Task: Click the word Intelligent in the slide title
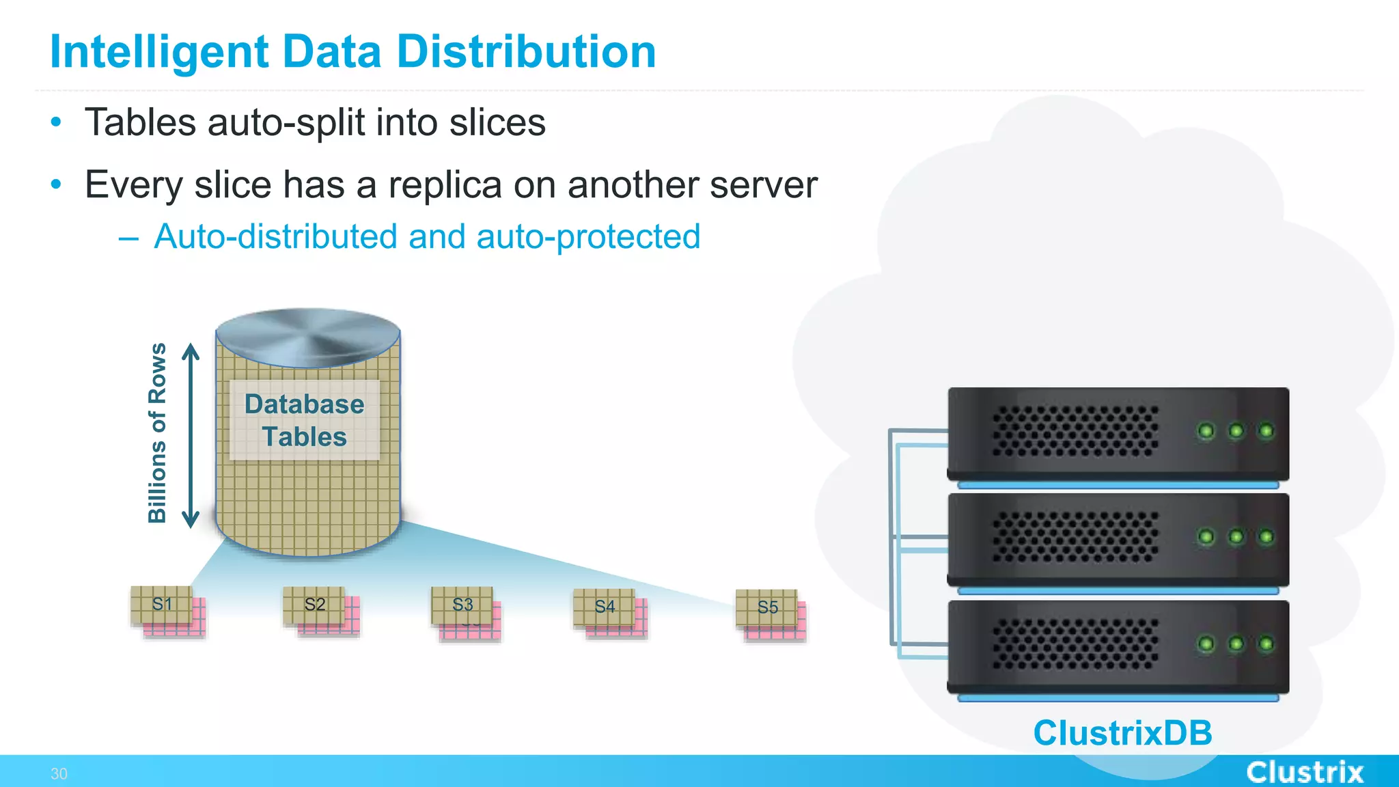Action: click(x=159, y=52)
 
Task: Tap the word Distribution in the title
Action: click(x=526, y=52)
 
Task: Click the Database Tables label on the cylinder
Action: click(x=305, y=420)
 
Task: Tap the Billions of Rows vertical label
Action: click(x=158, y=433)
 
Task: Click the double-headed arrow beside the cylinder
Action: click(x=191, y=436)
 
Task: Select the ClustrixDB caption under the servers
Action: click(x=1122, y=733)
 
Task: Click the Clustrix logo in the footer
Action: click(x=1305, y=773)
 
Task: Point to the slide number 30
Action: click(x=59, y=774)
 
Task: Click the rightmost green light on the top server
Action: click(x=1266, y=431)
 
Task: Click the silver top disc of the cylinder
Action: click(x=307, y=336)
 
